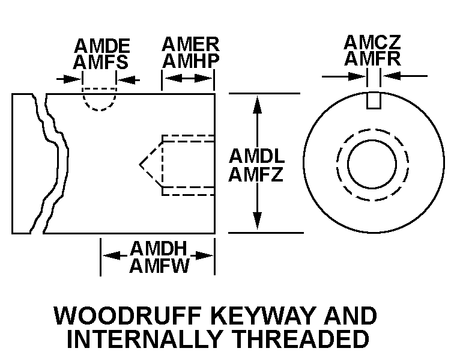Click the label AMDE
click(103, 46)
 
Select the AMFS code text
click(100, 62)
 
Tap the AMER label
click(190, 44)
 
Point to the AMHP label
click(191, 61)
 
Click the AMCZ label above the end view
click(372, 42)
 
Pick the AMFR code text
click(372, 58)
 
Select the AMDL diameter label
click(256, 156)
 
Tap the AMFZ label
click(256, 174)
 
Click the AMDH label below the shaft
click(159, 248)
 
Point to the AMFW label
click(159, 265)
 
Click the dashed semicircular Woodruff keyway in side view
click(99, 109)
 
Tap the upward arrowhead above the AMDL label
click(257, 105)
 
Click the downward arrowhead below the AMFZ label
click(257, 221)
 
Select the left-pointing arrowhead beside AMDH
click(111, 255)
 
